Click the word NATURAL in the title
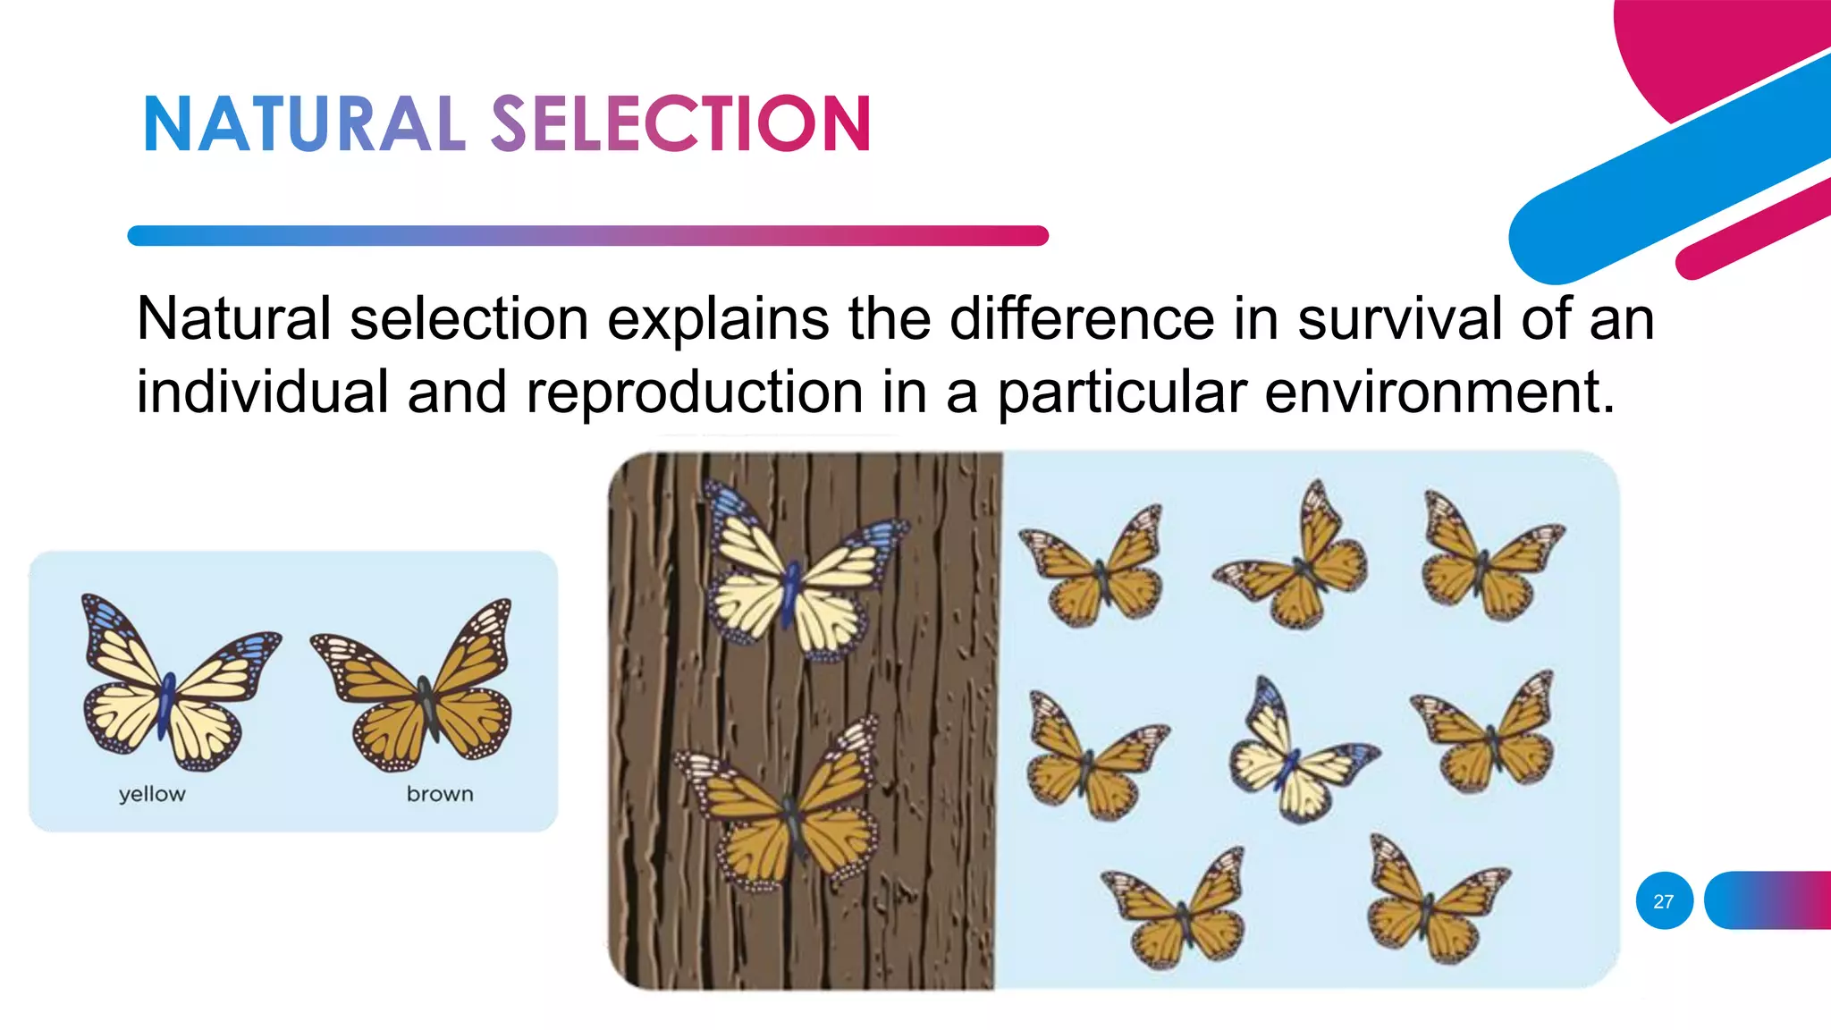click(x=304, y=124)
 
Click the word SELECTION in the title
click(x=680, y=124)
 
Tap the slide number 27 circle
click(x=1664, y=900)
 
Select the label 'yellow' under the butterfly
click(x=152, y=794)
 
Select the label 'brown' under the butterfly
click(x=440, y=794)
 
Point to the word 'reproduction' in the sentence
click(x=694, y=393)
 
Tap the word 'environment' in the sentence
click(x=1439, y=393)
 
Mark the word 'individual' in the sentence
click(x=262, y=393)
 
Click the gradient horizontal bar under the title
click(x=587, y=236)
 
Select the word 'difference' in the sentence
click(x=1082, y=319)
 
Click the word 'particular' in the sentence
click(x=1122, y=393)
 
